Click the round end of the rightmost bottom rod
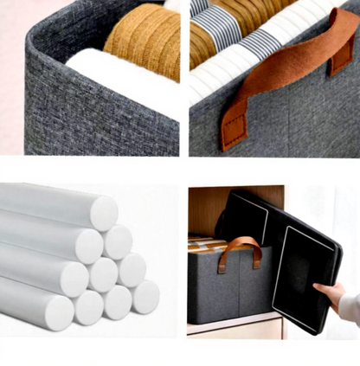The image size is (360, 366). click(x=145, y=297)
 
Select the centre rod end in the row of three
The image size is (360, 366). click(x=103, y=275)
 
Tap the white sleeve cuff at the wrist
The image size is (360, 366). click(x=350, y=307)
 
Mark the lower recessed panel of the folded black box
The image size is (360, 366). click(x=299, y=277)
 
